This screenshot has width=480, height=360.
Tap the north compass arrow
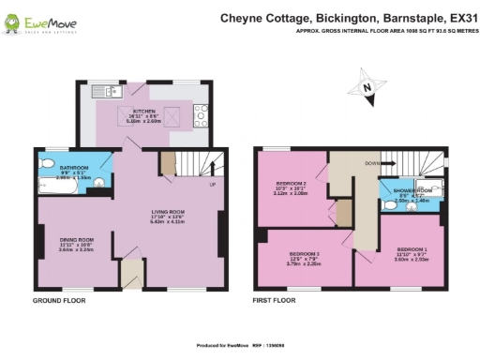[367, 88]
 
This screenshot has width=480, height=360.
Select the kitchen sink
[103, 91]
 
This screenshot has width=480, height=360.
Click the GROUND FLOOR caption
[60, 302]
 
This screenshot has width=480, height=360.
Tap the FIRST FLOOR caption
[274, 302]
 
